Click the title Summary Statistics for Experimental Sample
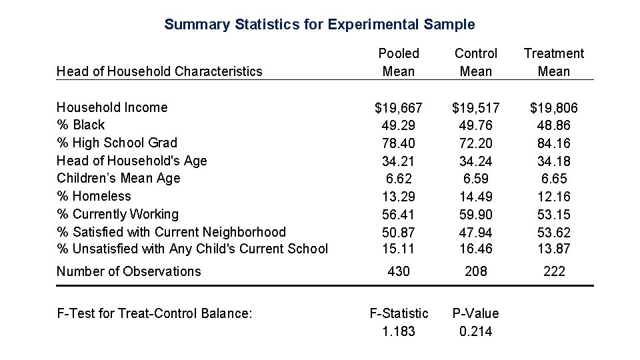tap(319, 25)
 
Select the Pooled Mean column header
tap(399, 62)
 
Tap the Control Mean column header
tap(475, 62)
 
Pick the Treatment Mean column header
tap(553, 62)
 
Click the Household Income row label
tap(112, 107)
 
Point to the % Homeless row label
tap(93, 196)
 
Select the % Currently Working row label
tap(117, 214)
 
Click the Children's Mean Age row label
tap(118, 178)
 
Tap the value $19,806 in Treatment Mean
tap(553, 107)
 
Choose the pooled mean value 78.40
tap(399, 143)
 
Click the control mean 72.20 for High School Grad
tap(475, 143)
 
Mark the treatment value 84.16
tap(553, 143)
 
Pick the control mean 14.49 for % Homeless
tap(475, 197)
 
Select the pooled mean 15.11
tap(399, 249)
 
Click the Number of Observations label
tap(128, 271)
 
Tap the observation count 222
tap(553, 271)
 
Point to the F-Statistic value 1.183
tap(399, 331)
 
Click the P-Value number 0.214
tap(475, 331)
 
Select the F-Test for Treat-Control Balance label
tap(154, 313)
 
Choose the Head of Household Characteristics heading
tap(159, 71)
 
